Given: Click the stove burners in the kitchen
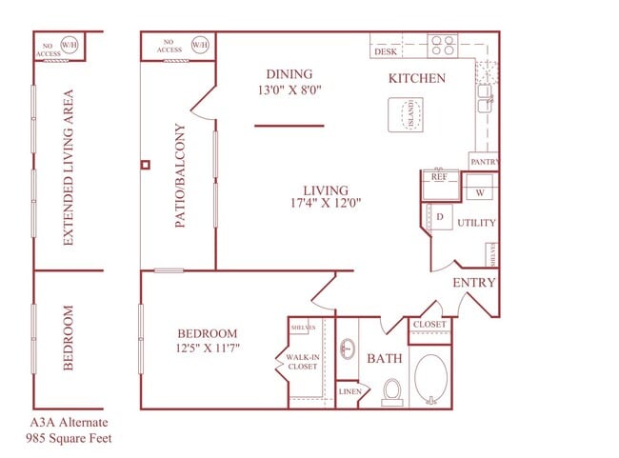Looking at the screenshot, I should [442, 45].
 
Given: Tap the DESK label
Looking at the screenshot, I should [386, 52].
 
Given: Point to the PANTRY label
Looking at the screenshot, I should [484, 162].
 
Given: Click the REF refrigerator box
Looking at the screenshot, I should [439, 178].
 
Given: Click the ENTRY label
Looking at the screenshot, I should [473, 283].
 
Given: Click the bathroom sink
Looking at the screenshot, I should [348, 349].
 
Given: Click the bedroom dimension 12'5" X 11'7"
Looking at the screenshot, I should [208, 348].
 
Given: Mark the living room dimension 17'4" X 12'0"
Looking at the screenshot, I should [327, 203].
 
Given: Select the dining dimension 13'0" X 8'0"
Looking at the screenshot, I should [289, 91].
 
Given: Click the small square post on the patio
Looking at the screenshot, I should [145, 165].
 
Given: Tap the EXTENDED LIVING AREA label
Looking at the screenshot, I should [69, 169].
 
